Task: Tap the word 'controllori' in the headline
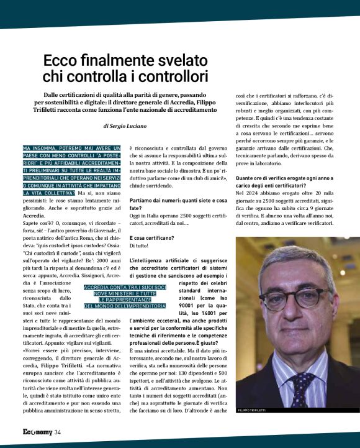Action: tap(168, 77)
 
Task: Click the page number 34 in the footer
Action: tap(57, 432)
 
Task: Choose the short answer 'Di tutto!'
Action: tap(140, 246)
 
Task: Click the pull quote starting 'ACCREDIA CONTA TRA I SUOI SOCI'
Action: tap(125, 296)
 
